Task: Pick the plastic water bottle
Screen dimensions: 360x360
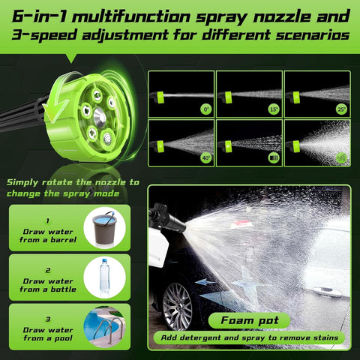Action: tap(104, 275)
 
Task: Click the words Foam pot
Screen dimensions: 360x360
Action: tap(248, 319)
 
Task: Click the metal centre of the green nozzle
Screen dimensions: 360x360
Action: tap(98, 113)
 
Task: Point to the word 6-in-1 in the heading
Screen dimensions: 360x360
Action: tap(37, 16)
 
